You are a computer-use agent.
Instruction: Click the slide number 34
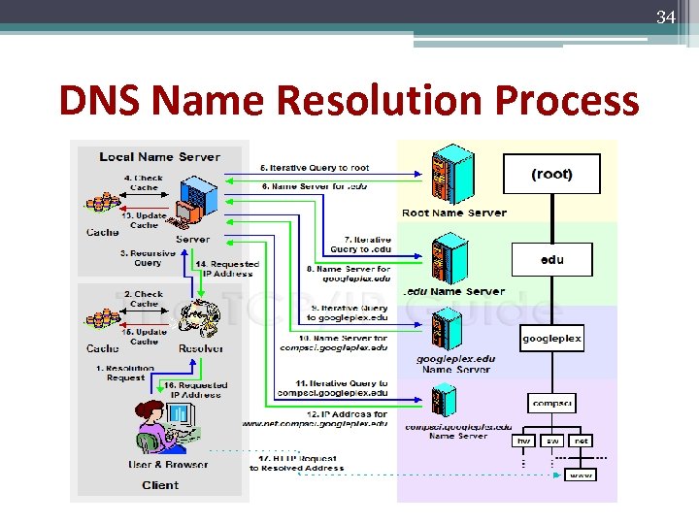coord(666,16)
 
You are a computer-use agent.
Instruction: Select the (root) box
coord(551,174)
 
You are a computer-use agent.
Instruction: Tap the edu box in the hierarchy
coord(551,259)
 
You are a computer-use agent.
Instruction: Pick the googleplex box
coord(551,339)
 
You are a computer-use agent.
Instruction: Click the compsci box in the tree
coord(551,402)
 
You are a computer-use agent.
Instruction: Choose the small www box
coord(581,475)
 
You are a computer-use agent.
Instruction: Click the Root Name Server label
coord(453,213)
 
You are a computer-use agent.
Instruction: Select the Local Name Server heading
coord(159,156)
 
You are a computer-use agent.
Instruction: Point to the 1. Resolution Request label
coord(124,374)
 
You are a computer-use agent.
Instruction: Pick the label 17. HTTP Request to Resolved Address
coord(296,462)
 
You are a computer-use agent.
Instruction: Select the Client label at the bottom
coord(160,484)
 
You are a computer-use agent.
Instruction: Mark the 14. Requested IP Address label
coord(227,268)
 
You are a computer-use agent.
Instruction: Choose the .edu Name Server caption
coord(453,291)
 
